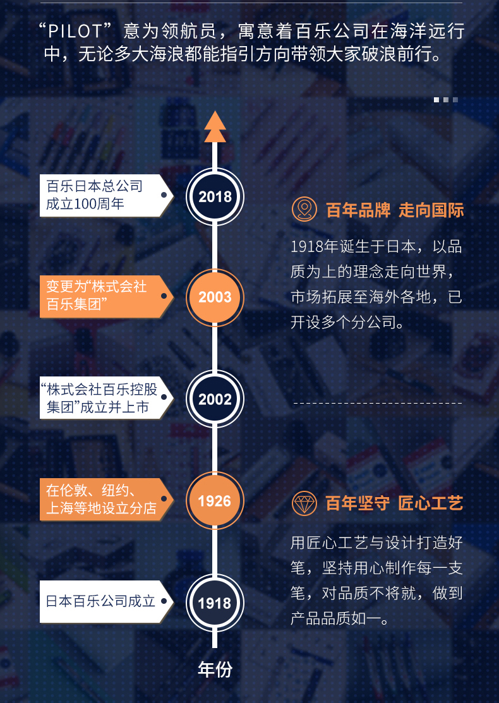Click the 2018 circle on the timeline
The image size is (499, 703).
click(215, 196)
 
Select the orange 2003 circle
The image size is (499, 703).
click(215, 297)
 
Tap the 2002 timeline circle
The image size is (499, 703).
click(215, 399)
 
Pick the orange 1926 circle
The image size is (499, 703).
click(215, 500)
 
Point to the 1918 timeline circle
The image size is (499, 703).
click(215, 603)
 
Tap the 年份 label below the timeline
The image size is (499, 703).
click(215, 670)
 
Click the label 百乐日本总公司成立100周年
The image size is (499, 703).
click(106, 195)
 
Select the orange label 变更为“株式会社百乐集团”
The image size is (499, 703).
click(106, 296)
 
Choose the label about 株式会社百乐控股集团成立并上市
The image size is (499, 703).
click(106, 398)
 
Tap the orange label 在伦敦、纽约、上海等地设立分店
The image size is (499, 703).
click(106, 500)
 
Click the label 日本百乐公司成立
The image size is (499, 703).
click(106, 602)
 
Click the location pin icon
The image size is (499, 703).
click(304, 209)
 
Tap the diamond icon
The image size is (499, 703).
click(304, 503)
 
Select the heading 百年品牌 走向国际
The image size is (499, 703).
click(395, 210)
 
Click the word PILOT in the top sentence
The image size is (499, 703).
click(75, 32)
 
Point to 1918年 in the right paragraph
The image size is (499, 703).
click(315, 246)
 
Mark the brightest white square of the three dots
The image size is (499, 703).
click(436, 100)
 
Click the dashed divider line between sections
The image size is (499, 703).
click(378, 403)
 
